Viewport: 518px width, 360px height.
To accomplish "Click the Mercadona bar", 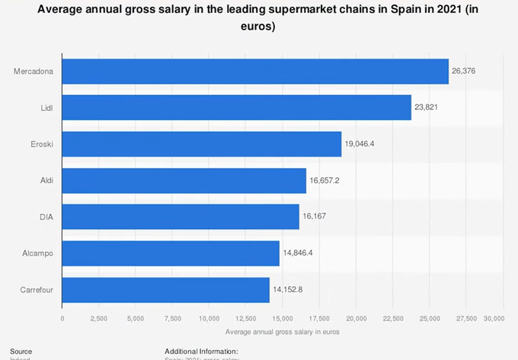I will [255, 71].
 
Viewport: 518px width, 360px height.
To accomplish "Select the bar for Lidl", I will [236, 107].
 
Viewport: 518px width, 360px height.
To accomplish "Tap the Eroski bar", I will [201, 144].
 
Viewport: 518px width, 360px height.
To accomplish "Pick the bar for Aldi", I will [184, 180].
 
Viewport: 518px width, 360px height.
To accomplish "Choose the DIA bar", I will [181, 217].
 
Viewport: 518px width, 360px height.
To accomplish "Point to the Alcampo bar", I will [171, 253].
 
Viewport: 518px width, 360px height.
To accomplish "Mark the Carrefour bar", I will [165, 290].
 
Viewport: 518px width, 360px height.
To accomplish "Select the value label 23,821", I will [427, 107].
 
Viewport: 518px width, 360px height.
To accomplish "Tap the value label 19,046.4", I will [361, 144].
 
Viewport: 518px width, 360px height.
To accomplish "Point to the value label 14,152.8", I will [289, 290].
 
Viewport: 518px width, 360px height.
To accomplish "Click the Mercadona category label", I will [33, 71].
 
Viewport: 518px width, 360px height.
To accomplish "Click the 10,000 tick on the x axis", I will [209, 318].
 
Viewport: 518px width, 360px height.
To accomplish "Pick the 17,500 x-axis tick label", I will [319, 318].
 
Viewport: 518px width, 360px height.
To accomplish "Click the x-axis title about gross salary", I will [282, 332].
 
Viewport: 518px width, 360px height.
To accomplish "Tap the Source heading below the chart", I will [21, 351].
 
